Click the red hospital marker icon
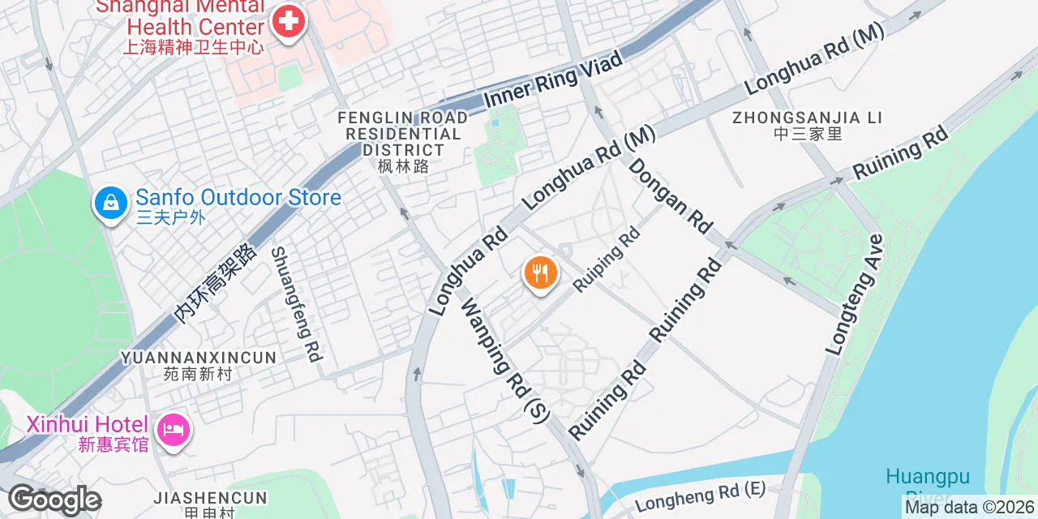287,22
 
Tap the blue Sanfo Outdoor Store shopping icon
110,202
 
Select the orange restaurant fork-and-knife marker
540,272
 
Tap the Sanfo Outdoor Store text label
238,197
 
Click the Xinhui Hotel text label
88,425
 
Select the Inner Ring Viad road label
553,79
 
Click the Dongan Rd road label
671,195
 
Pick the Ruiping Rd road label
607,259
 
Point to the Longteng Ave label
854,295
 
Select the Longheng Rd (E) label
700,497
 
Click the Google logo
54,500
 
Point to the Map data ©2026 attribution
970,508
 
